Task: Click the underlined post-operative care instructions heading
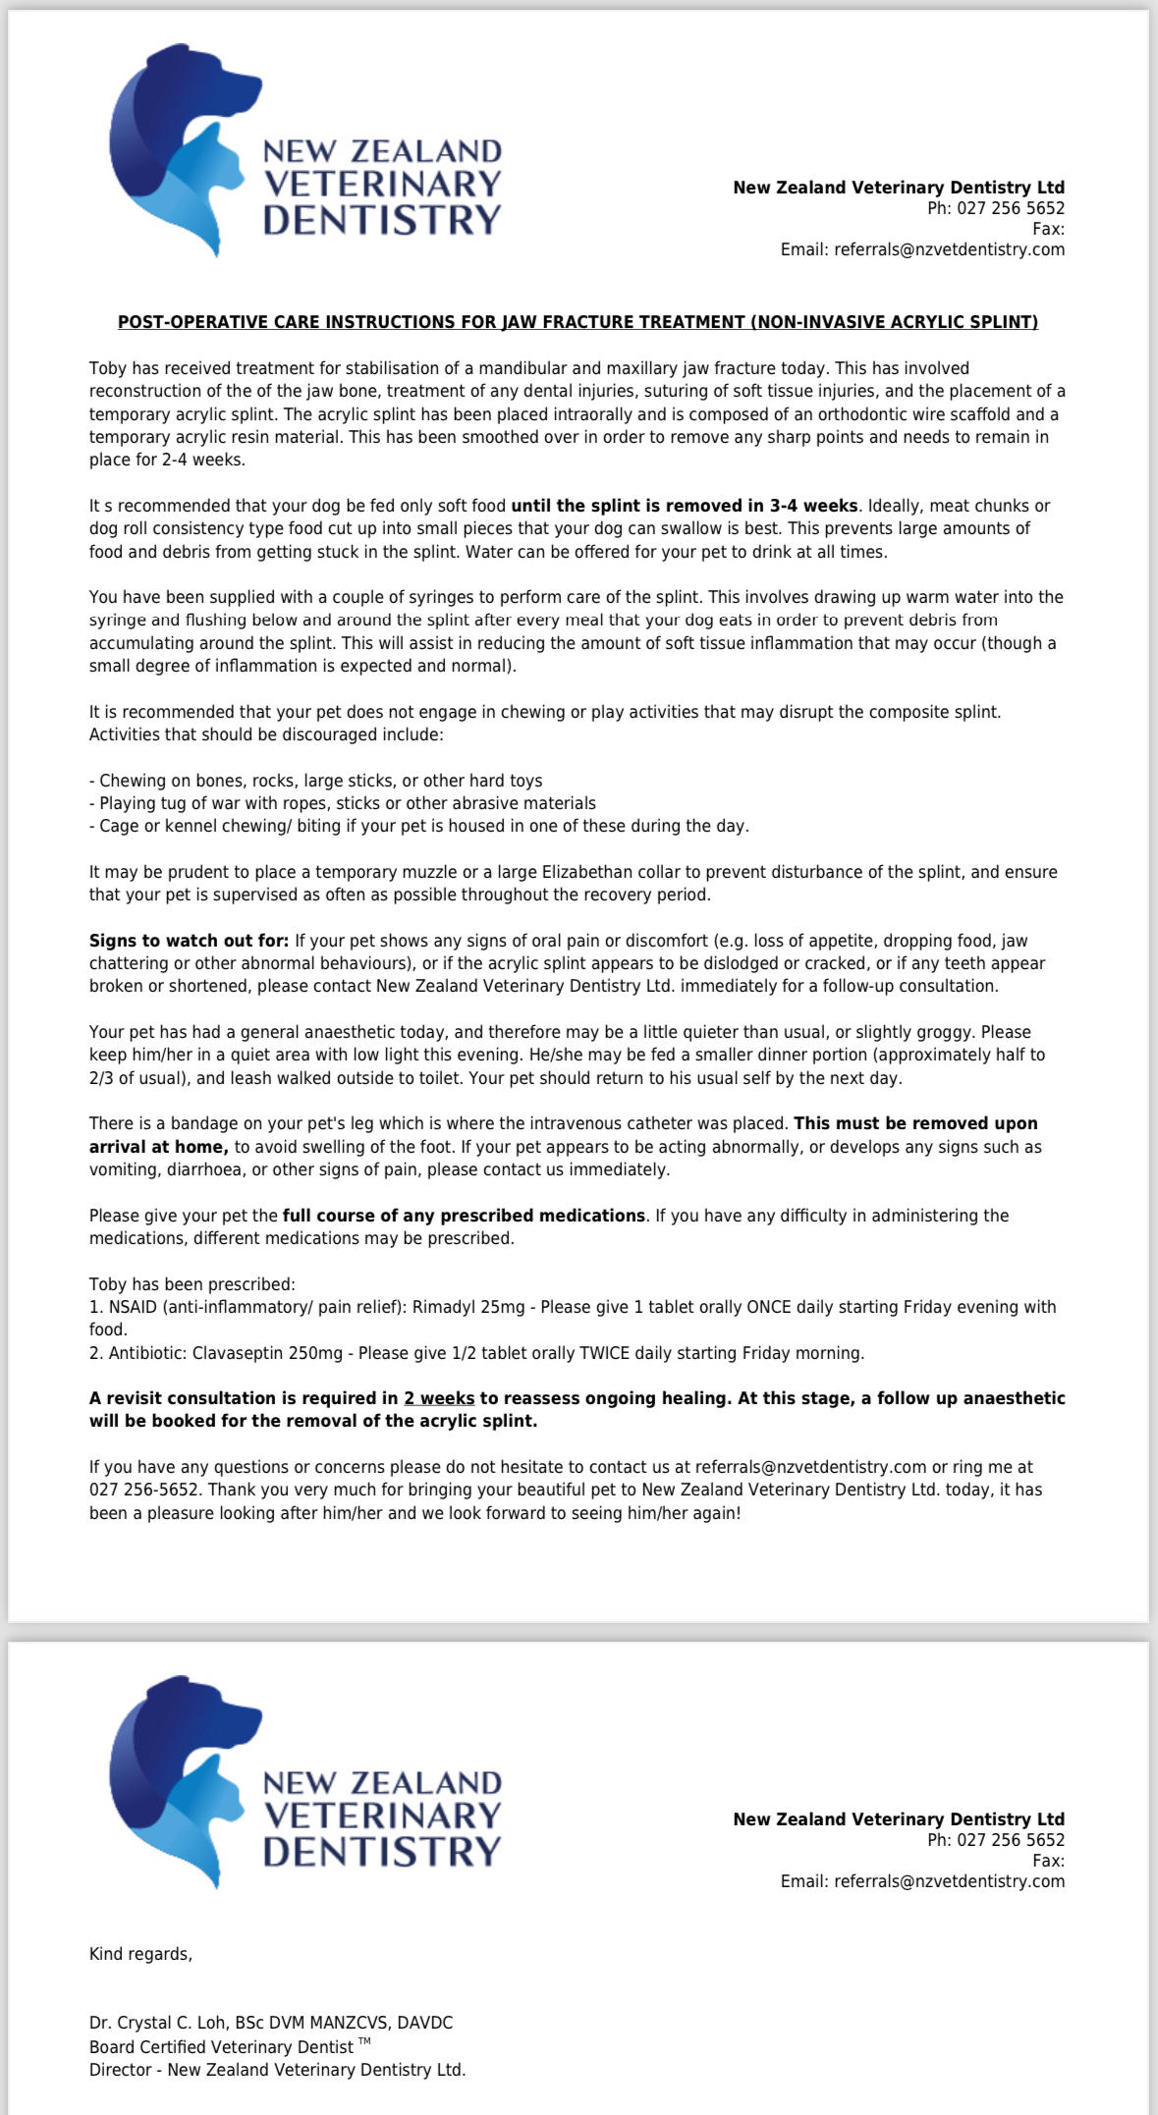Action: click(x=578, y=322)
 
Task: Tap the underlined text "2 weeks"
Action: click(x=439, y=1398)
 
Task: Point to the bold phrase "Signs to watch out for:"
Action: click(x=189, y=941)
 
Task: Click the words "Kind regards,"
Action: click(x=140, y=1954)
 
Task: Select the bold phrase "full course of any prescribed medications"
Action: click(x=464, y=1216)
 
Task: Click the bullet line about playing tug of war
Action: click(x=342, y=803)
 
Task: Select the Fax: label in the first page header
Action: click(x=1048, y=229)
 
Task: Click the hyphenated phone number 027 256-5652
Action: click(x=145, y=1490)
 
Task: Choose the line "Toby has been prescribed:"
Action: click(x=192, y=1284)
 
